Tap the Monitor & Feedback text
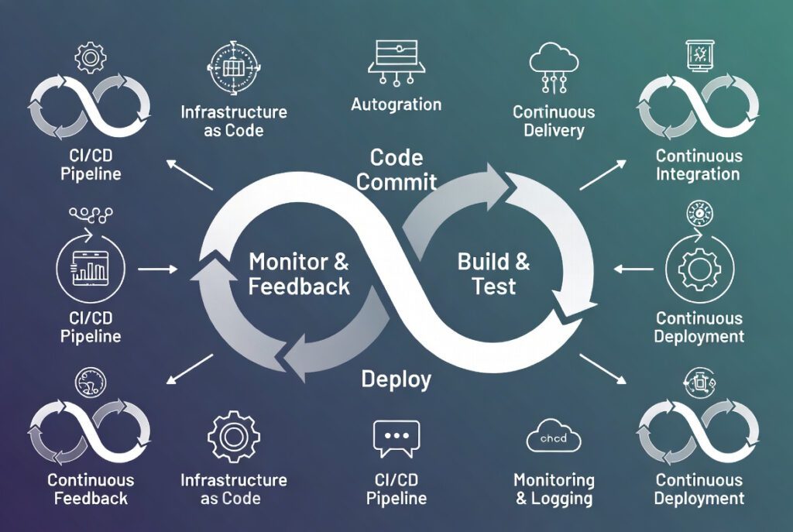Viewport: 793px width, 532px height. [298, 273]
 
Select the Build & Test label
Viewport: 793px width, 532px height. [493, 273]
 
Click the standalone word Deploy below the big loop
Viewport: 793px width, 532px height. [396, 379]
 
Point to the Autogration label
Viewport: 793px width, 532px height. [396, 104]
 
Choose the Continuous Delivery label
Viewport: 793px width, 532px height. [554, 121]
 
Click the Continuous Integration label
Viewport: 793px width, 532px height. [699, 165]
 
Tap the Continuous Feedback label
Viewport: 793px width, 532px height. [91, 489]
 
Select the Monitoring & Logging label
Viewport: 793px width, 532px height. [554, 489]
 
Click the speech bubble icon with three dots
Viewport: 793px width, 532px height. [396, 438]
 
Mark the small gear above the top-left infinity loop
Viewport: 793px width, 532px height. [90, 57]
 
